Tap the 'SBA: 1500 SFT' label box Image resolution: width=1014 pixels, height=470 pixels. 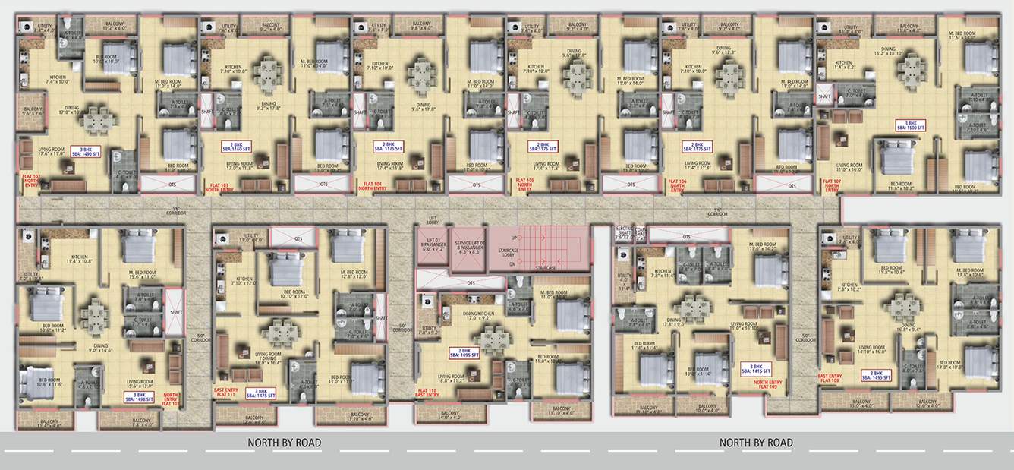click(x=908, y=125)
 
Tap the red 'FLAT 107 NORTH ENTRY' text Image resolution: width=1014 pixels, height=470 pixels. click(x=833, y=185)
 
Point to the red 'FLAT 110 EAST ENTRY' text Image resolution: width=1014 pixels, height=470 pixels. click(x=428, y=393)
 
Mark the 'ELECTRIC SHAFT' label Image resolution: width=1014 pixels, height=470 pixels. click(x=623, y=232)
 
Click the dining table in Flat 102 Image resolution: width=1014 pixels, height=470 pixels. click(x=97, y=120)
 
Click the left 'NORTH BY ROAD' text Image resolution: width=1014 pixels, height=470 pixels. click(x=285, y=443)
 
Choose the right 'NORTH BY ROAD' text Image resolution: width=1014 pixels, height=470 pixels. click(x=756, y=443)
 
